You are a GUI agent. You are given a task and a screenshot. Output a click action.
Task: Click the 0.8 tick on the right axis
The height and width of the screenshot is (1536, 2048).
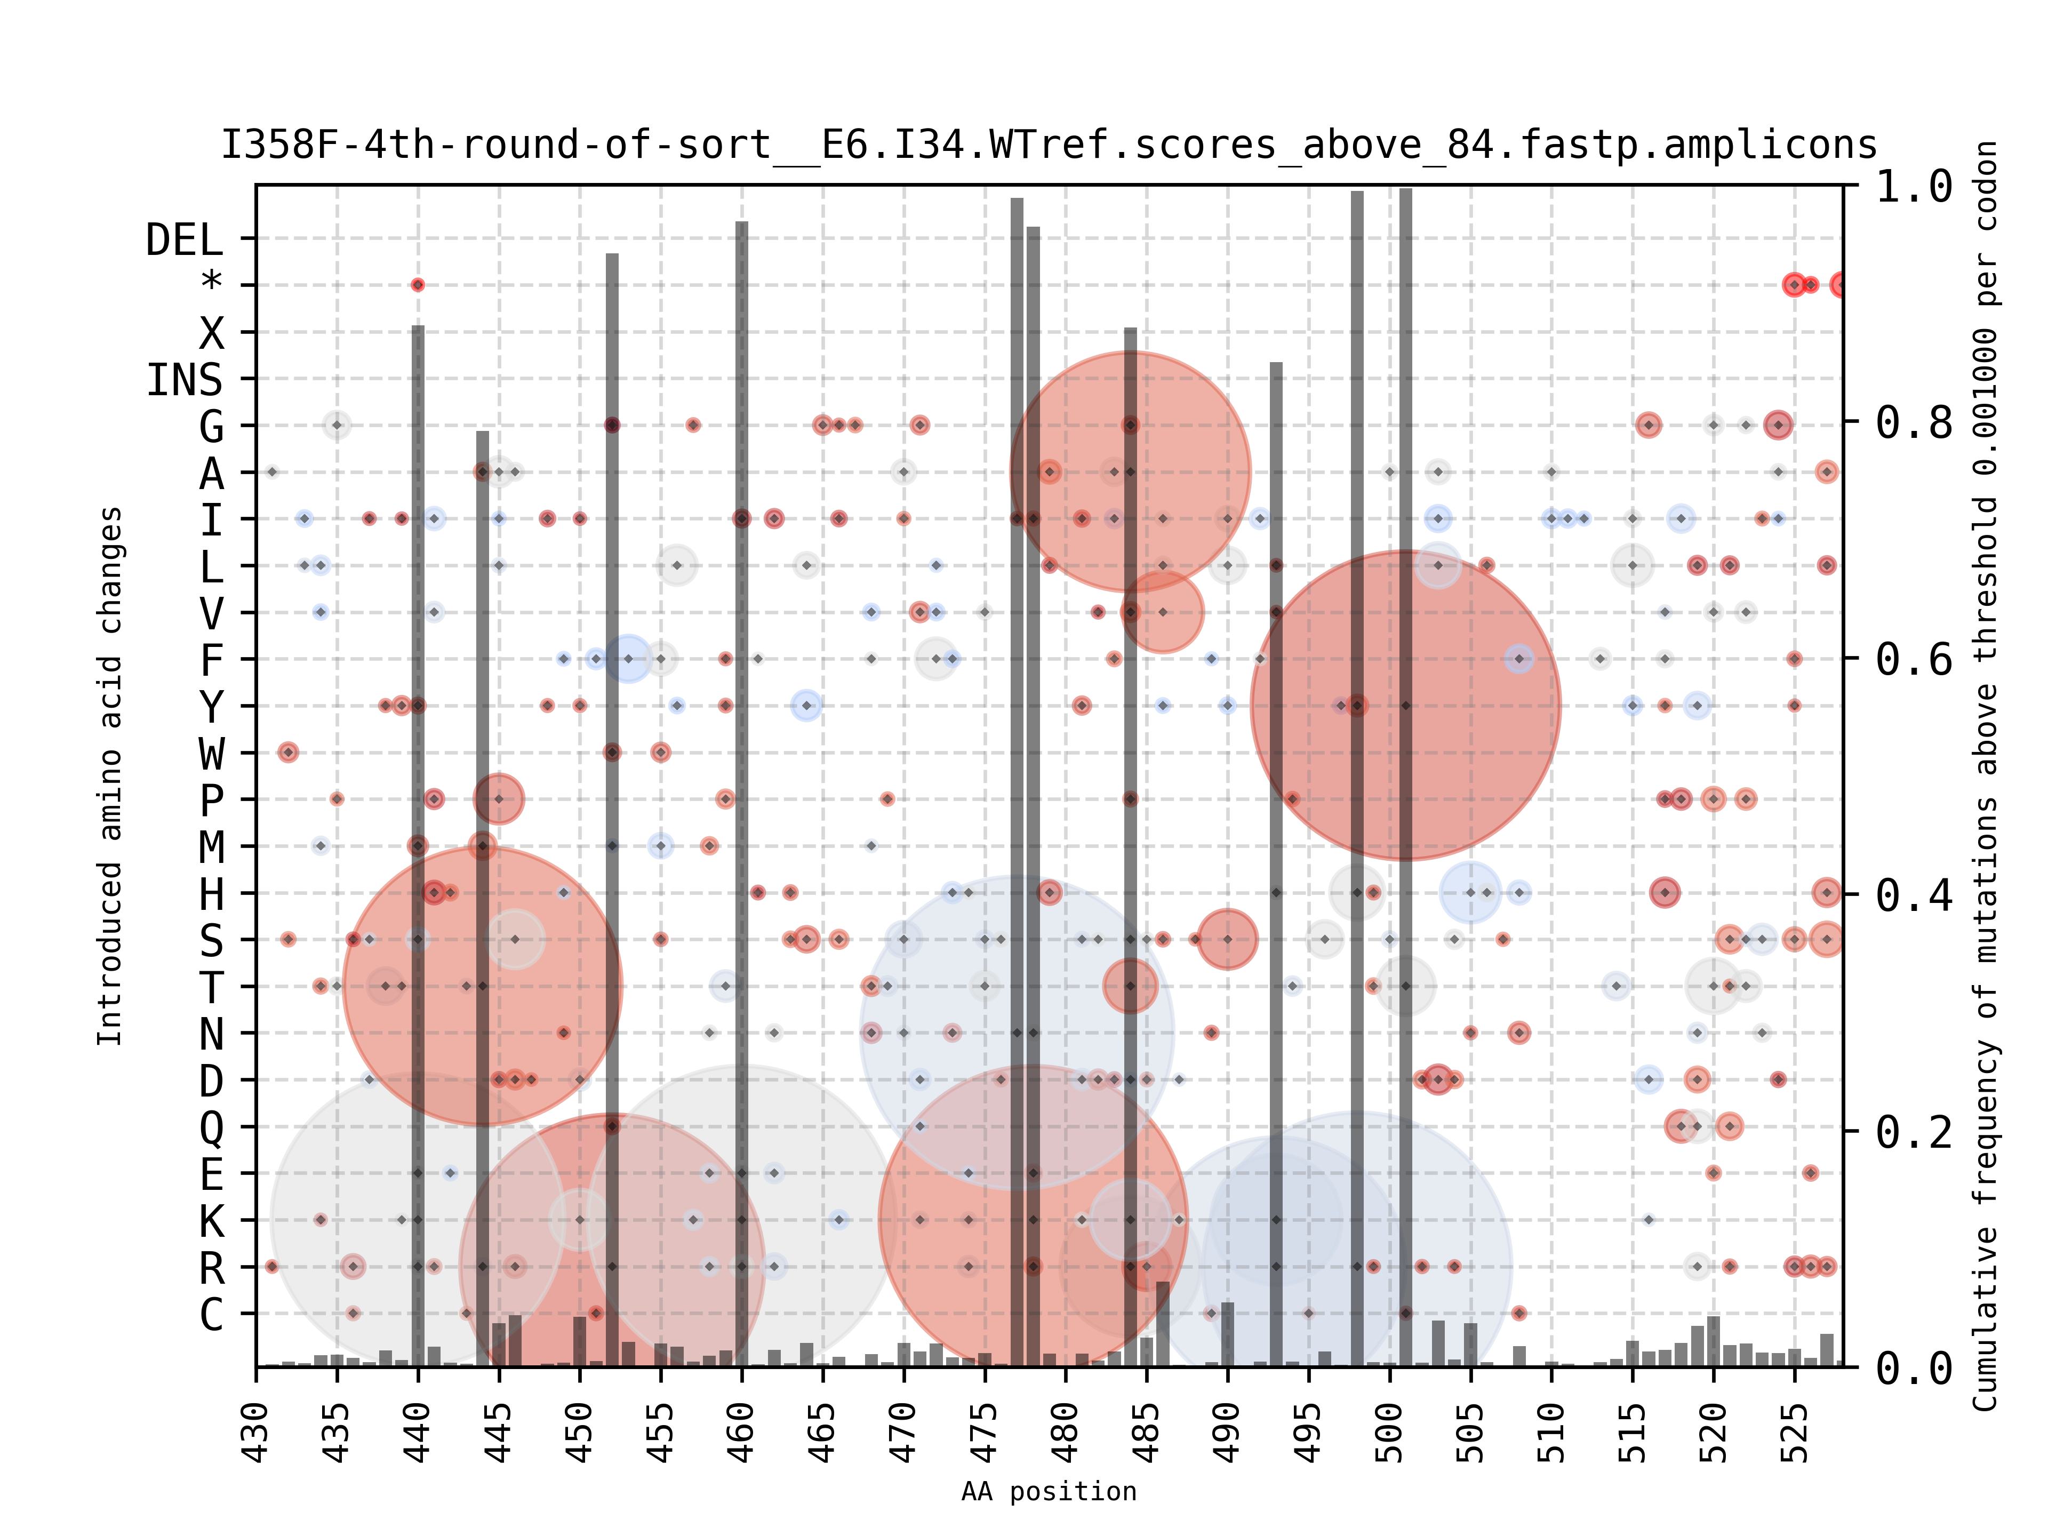coord(1913,423)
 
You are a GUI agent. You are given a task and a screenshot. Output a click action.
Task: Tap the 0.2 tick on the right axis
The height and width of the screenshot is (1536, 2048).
coord(1913,1131)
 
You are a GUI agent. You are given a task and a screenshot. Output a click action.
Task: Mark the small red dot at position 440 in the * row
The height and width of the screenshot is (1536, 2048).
coord(418,285)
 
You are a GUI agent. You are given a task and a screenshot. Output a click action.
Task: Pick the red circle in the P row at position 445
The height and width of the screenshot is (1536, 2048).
coord(499,798)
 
